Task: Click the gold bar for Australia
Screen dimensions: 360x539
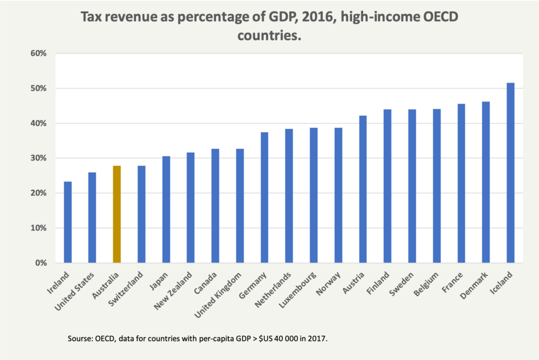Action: (x=117, y=214)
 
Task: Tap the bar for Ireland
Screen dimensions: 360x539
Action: (x=68, y=222)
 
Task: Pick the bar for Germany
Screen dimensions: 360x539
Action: (x=264, y=197)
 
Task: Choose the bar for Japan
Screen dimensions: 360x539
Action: (x=166, y=209)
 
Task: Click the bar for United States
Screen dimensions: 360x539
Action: (x=92, y=217)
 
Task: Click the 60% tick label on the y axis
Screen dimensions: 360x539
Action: (x=40, y=53)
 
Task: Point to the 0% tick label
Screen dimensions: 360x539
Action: (x=42, y=263)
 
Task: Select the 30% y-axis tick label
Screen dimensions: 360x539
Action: (x=40, y=158)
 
